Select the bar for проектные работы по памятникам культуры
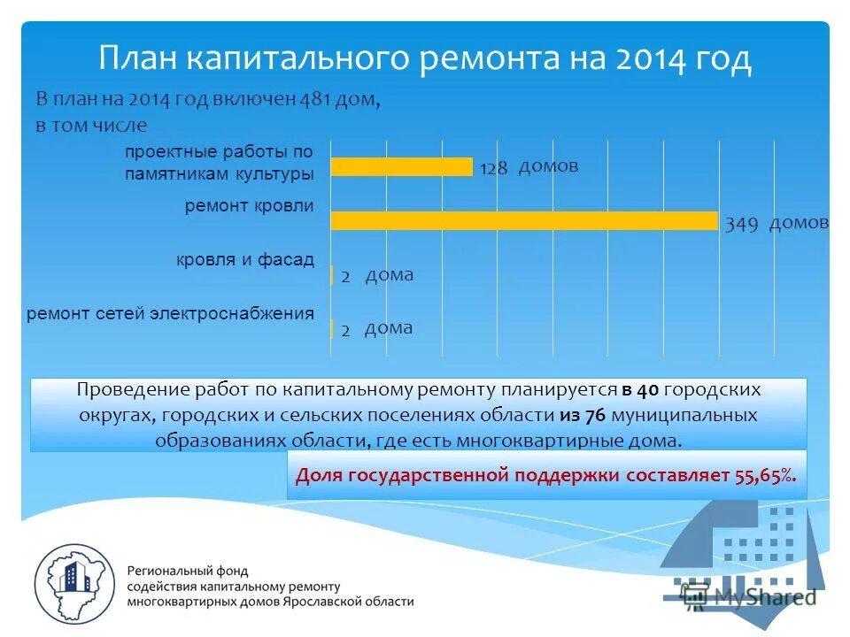coord(400,167)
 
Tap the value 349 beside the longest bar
coord(741,225)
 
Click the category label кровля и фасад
coord(245,260)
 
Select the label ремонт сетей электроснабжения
coord(170,314)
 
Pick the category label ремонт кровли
coord(249,206)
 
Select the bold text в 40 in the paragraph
coord(639,390)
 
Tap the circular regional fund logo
coord(75,584)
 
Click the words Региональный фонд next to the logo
coord(188,571)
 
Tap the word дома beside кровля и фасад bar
coord(390,275)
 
